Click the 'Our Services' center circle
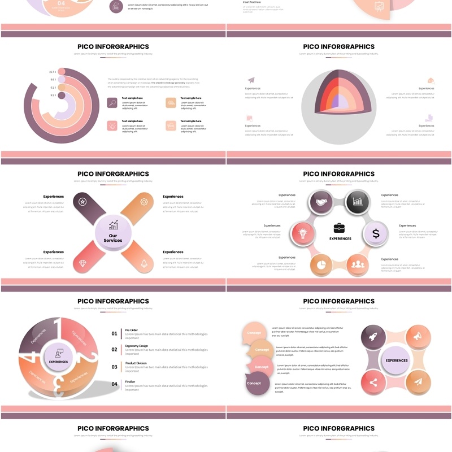113,232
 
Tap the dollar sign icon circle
376,233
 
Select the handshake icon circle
321,202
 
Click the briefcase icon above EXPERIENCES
339,228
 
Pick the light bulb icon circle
302,233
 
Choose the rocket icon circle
373,337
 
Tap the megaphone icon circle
418,337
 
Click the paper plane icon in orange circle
418,382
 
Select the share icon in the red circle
373,382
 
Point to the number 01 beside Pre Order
114,333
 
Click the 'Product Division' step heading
136,363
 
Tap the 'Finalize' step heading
131,381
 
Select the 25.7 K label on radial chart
53,72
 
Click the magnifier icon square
112,103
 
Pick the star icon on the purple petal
83,202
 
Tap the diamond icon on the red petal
83,263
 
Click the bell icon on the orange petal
144,263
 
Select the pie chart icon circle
321,263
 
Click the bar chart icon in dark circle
358,202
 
